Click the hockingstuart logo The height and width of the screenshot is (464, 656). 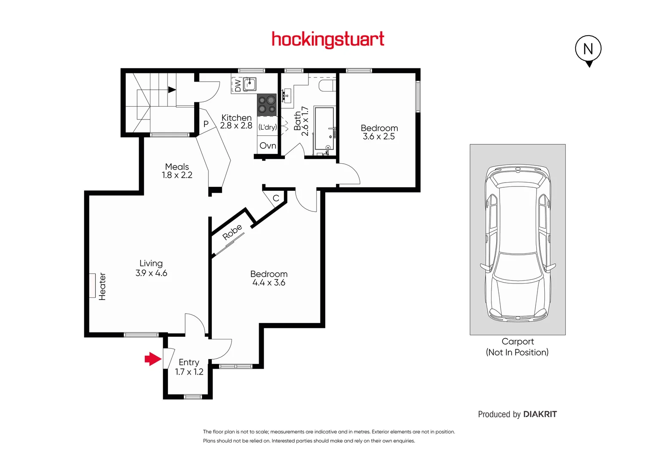(x=328, y=40)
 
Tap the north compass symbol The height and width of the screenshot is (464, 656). (x=588, y=49)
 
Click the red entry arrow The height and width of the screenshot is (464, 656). (x=153, y=359)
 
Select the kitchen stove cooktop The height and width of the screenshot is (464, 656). (x=267, y=105)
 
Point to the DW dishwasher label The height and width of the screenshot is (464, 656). (x=238, y=85)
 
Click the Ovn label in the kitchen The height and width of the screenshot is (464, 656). (x=268, y=146)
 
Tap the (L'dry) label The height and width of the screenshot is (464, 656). (x=267, y=127)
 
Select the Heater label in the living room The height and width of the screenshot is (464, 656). (x=102, y=286)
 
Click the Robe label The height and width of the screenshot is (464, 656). (x=232, y=232)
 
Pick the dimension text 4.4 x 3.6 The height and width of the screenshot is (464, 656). (x=269, y=283)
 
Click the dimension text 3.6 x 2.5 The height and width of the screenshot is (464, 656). (x=378, y=137)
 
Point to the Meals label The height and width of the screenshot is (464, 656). (x=177, y=166)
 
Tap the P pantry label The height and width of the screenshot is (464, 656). (x=206, y=124)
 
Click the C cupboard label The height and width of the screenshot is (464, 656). (x=276, y=198)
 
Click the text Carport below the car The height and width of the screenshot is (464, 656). (x=518, y=342)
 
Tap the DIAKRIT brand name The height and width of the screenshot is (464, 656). (x=540, y=414)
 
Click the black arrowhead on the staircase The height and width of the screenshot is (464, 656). (x=172, y=90)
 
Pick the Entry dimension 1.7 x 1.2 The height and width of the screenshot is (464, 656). (x=189, y=372)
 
